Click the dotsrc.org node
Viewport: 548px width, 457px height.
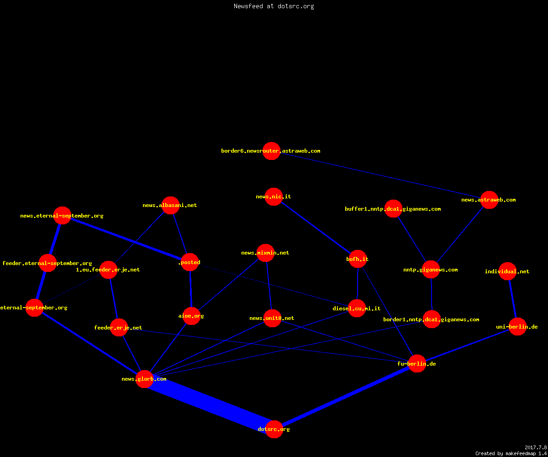click(x=274, y=429)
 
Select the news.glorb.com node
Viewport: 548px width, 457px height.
click(x=144, y=379)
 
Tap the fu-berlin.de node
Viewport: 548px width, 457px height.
click(x=417, y=363)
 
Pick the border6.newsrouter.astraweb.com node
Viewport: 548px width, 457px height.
click(x=271, y=151)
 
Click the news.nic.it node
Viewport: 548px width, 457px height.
click(x=274, y=197)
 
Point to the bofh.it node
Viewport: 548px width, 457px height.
click(x=358, y=259)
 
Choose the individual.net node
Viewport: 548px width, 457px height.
click(x=507, y=271)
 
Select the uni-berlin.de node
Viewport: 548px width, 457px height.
click(x=517, y=327)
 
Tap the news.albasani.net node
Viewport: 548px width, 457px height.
click(x=171, y=205)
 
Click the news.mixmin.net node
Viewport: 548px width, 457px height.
click(x=266, y=253)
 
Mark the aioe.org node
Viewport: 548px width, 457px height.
click(x=192, y=316)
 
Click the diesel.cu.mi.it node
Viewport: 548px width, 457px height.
click(x=357, y=308)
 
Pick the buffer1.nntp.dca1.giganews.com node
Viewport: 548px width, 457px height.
click(x=393, y=209)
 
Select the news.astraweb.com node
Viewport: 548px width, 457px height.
click(x=489, y=200)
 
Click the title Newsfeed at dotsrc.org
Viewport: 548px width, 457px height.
click(x=274, y=6)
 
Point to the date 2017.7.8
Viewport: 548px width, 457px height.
click(x=536, y=447)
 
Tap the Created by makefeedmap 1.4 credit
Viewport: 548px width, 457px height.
click(x=511, y=454)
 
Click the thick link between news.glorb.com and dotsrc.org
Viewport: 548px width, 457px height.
click(x=209, y=404)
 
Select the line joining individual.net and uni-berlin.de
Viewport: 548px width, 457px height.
click(x=512, y=299)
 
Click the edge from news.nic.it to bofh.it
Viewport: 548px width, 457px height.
click(x=316, y=228)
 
